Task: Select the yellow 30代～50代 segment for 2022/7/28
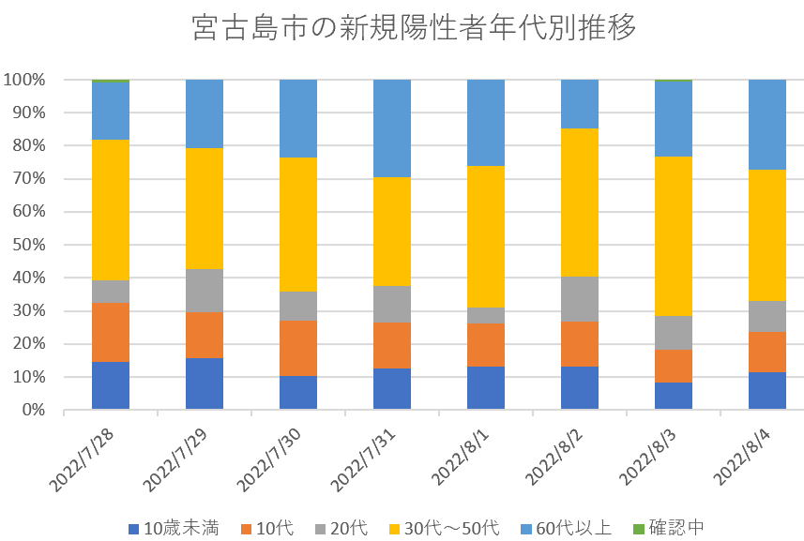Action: (111, 210)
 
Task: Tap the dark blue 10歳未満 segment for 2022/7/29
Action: (205, 383)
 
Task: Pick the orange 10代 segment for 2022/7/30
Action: (298, 348)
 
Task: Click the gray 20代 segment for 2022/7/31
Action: (392, 304)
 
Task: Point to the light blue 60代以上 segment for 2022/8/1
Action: (486, 123)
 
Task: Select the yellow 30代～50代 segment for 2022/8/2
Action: (580, 203)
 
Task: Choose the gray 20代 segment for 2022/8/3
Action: (674, 333)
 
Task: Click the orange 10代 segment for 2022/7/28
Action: (111, 332)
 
